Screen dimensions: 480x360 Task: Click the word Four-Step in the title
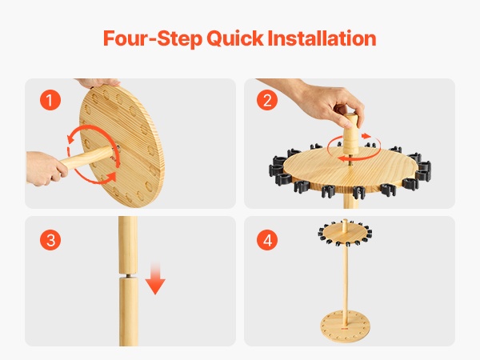pyautogui.click(x=153, y=38)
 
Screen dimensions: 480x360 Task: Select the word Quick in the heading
pyautogui.click(x=234, y=39)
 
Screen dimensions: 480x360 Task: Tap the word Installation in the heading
pyautogui.click(x=322, y=38)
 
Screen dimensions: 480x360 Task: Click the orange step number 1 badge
pyautogui.click(x=50, y=100)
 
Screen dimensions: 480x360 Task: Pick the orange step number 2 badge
pyautogui.click(x=267, y=100)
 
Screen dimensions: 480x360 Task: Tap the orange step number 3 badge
pyautogui.click(x=50, y=240)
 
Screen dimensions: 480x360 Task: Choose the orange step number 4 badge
pyautogui.click(x=267, y=240)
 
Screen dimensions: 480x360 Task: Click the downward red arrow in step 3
pyautogui.click(x=155, y=278)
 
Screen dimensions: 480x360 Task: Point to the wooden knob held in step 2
pyautogui.click(x=351, y=134)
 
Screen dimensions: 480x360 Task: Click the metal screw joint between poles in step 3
pyautogui.click(x=128, y=275)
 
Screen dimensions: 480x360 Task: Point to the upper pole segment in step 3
pyautogui.click(x=128, y=245)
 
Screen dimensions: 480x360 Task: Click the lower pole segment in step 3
pyautogui.click(x=128, y=312)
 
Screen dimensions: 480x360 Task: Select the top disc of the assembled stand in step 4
pyautogui.click(x=345, y=233)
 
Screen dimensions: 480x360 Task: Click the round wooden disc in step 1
pyautogui.click(x=122, y=146)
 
